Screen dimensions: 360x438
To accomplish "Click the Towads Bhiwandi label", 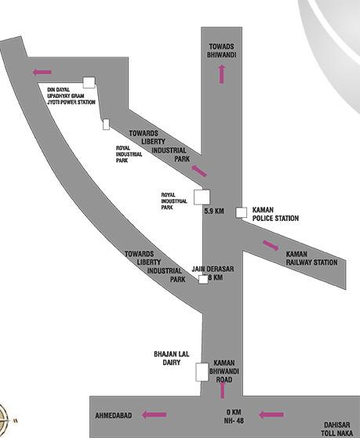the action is pos(222,51).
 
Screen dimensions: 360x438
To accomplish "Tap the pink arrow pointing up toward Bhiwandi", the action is pos(222,74).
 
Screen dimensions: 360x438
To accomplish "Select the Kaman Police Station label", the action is pos(275,214).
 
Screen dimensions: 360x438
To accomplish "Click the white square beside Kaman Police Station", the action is pos(241,212).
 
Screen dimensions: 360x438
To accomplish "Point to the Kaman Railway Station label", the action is pos(311,259).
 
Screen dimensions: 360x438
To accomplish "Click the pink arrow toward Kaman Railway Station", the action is pos(271,245).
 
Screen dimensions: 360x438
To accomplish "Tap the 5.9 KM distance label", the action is pos(214,211).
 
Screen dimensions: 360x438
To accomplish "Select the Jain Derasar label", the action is pos(213,269).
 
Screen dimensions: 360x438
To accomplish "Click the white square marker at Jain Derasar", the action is pos(203,280).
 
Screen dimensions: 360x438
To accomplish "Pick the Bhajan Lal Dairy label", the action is pos(172,358).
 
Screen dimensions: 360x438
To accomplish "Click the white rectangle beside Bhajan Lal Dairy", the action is pos(202,372).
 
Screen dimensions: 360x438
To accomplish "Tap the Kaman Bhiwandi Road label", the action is pos(224,371).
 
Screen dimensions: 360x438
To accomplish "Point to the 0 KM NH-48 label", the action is pos(234,416).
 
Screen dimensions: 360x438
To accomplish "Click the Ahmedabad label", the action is pos(114,415).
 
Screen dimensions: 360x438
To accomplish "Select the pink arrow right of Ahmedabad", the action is pos(155,414).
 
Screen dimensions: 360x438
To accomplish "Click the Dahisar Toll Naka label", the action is pos(336,429).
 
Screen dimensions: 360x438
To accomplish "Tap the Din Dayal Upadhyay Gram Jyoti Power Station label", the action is pos(71,96).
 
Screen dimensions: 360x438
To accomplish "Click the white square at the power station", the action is pos(89,83).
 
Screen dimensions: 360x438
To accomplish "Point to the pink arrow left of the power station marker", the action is pos(42,72).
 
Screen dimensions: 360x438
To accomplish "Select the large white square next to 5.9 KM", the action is pos(202,197).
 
